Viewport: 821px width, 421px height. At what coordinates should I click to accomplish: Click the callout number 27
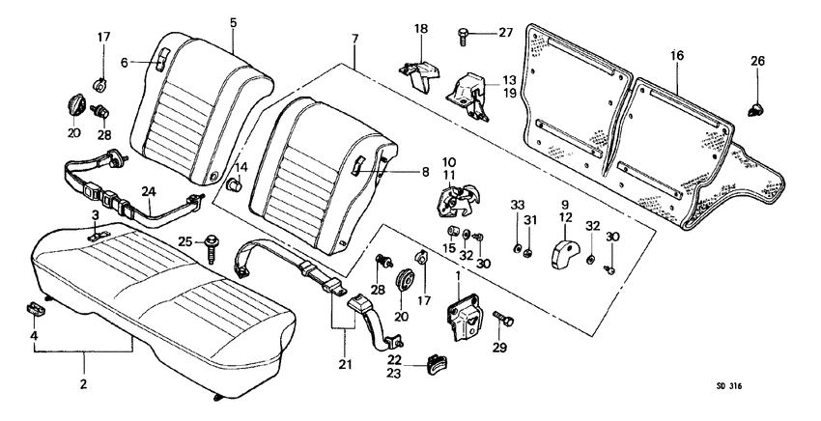coord(506,33)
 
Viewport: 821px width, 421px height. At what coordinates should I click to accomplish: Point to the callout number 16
coord(677,56)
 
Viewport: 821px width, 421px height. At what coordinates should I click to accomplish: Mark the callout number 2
coord(83,384)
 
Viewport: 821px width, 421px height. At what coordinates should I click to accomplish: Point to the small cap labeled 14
coord(233,183)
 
